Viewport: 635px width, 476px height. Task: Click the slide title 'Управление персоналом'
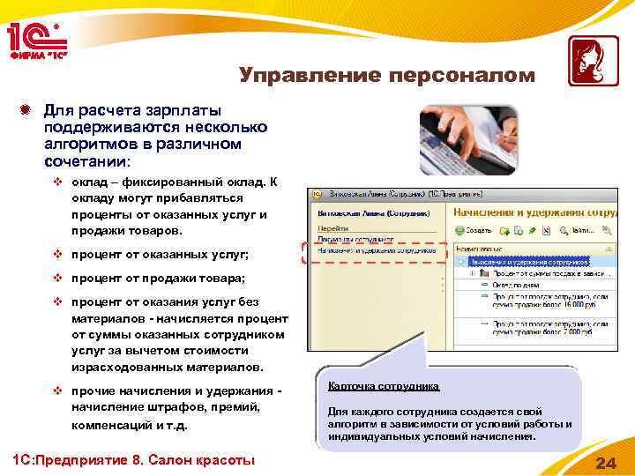pyautogui.click(x=387, y=76)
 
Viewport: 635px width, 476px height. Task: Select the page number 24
pyautogui.click(x=605, y=464)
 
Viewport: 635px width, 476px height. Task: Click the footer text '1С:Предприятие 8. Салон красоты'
pyautogui.click(x=131, y=460)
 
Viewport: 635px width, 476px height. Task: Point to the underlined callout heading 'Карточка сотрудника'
pyautogui.click(x=383, y=386)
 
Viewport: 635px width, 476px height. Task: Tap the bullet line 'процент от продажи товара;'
pyautogui.click(x=158, y=278)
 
